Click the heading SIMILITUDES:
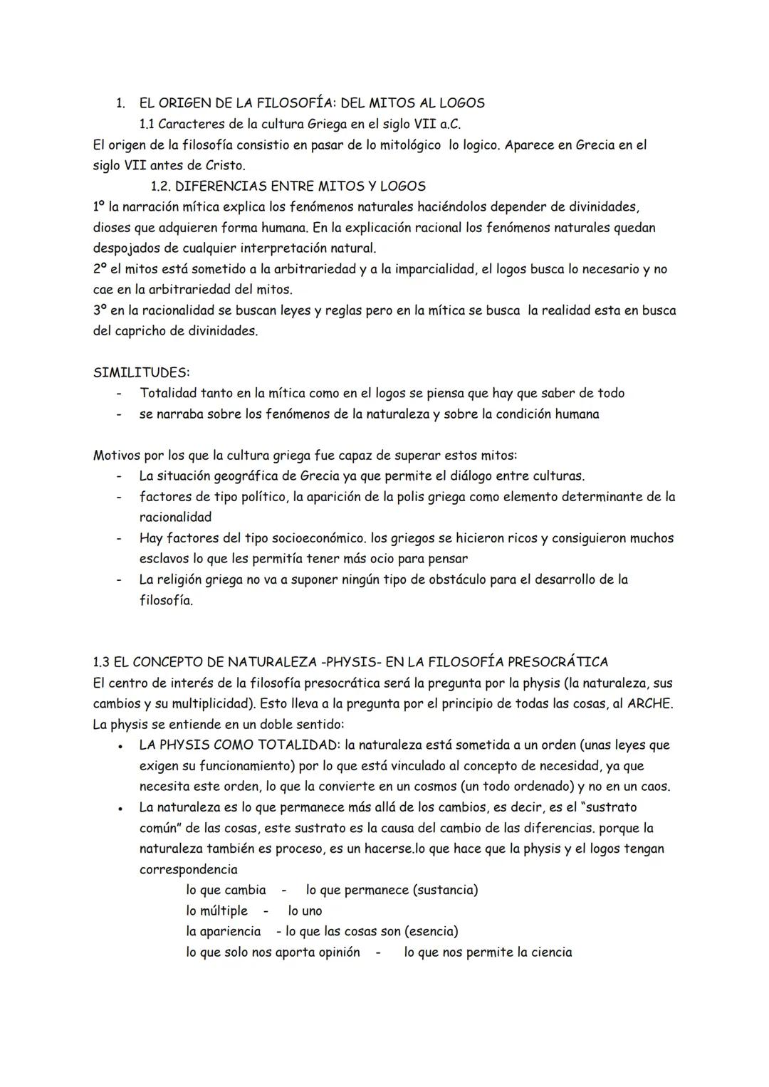142,372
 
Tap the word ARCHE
649,703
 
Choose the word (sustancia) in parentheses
446,890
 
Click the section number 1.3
104,662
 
